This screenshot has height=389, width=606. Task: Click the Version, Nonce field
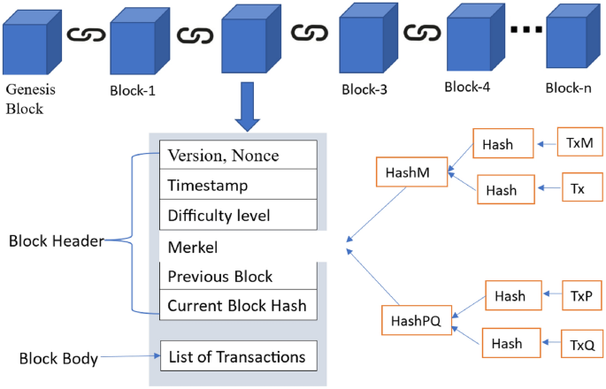click(237, 155)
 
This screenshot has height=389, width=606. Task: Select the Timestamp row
click(237, 186)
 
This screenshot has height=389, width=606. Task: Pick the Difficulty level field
click(237, 215)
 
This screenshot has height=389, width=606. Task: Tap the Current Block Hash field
click(237, 306)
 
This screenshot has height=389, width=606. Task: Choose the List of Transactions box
click(237, 356)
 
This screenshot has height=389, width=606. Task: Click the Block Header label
click(54, 240)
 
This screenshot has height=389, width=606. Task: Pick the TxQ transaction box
click(579, 341)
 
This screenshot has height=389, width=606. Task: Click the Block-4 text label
click(467, 87)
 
